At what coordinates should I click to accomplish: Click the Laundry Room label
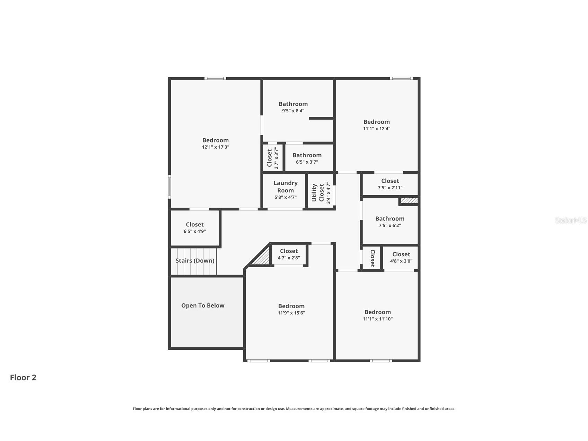click(286, 187)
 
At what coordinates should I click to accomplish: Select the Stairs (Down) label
click(195, 261)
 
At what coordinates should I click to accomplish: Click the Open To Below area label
click(203, 305)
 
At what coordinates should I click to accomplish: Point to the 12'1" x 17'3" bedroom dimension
click(216, 147)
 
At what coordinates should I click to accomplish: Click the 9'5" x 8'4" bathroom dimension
click(293, 111)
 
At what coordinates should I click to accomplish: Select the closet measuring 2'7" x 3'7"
click(272, 158)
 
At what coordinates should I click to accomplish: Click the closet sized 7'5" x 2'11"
click(390, 184)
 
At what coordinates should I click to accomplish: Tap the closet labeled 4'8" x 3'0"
click(401, 257)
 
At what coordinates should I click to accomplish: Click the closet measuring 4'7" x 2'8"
click(289, 254)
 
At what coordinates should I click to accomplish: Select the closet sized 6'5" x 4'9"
click(195, 227)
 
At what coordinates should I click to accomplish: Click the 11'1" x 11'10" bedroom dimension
click(377, 319)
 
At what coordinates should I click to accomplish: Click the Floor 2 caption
click(23, 378)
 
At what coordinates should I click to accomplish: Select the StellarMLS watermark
click(570, 220)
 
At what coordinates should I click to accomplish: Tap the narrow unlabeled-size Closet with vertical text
click(372, 258)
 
